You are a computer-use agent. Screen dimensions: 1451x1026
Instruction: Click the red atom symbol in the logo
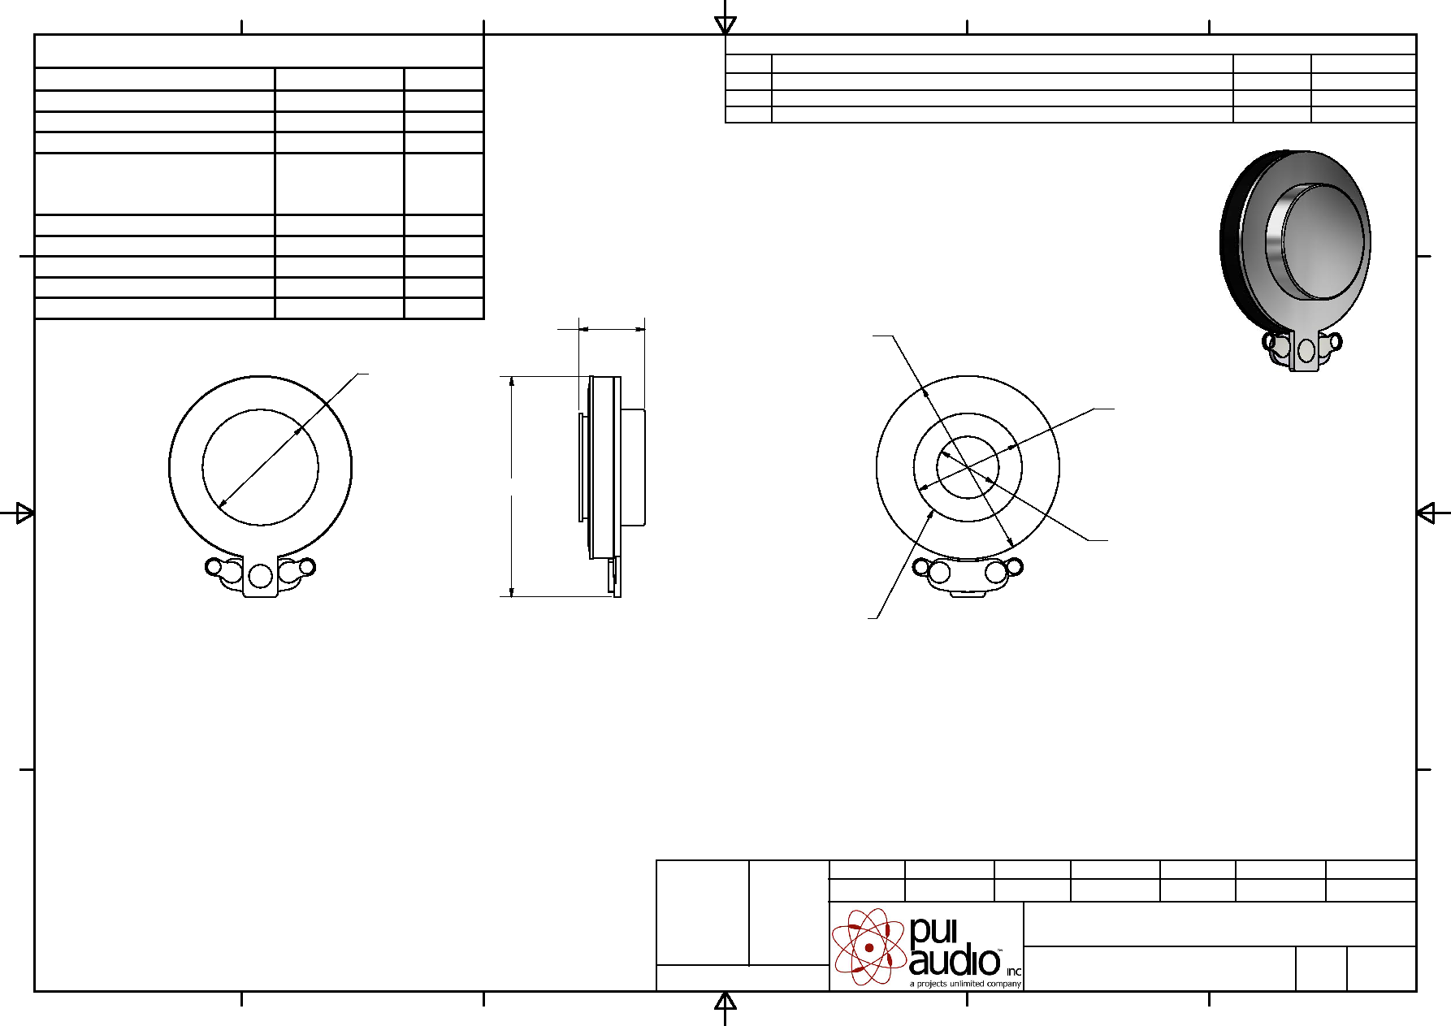coord(868,946)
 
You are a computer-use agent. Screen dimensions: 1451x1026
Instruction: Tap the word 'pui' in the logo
coord(933,931)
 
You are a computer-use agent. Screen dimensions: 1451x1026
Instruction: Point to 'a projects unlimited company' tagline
coord(965,984)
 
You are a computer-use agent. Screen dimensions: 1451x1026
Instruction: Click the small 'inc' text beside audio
coord(1013,972)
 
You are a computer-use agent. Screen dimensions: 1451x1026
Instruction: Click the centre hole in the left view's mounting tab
coord(260,576)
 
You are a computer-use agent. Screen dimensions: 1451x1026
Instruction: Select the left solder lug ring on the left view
coord(214,566)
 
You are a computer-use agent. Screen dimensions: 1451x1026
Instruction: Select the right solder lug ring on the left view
coord(306,566)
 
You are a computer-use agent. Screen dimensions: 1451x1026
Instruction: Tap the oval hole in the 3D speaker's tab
coord(1306,350)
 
